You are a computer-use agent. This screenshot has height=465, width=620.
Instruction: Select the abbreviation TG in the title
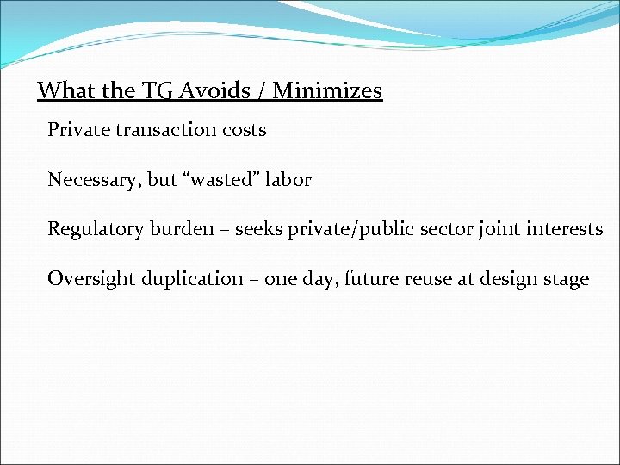click(x=150, y=90)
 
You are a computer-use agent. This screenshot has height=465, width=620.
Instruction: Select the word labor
click(x=288, y=180)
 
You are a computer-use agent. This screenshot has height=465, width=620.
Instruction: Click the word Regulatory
click(x=93, y=229)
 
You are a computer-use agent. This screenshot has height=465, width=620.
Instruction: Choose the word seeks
click(x=257, y=229)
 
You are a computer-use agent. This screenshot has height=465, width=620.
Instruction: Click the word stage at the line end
click(x=567, y=279)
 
